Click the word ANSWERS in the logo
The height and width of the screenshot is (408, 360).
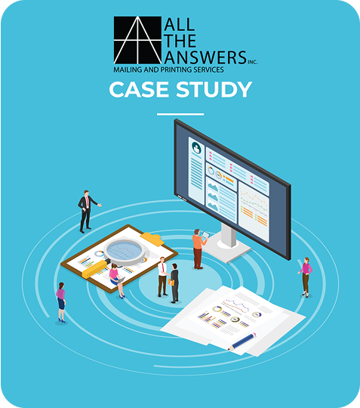tap(205, 57)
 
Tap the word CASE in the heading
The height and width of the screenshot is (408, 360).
tap(139, 89)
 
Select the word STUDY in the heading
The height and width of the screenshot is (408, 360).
tap(214, 89)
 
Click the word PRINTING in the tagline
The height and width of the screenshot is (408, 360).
tap(176, 70)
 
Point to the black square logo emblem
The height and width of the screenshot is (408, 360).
tap(137, 40)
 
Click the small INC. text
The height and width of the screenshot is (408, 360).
tap(252, 62)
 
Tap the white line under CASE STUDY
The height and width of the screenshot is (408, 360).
tap(180, 114)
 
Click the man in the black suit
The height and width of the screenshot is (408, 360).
tap(88, 212)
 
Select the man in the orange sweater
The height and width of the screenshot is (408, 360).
tap(198, 249)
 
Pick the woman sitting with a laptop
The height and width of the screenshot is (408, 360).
tap(116, 280)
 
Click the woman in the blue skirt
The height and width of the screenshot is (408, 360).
tap(61, 303)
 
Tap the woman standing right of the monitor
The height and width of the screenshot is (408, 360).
tap(306, 277)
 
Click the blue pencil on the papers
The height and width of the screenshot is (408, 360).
tap(242, 341)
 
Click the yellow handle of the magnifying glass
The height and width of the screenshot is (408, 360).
tap(95, 268)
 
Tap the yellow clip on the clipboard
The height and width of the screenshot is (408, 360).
tap(152, 238)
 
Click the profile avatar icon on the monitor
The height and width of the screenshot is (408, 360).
tap(196, 148)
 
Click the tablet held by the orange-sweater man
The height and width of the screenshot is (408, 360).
tap(205, 235)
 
